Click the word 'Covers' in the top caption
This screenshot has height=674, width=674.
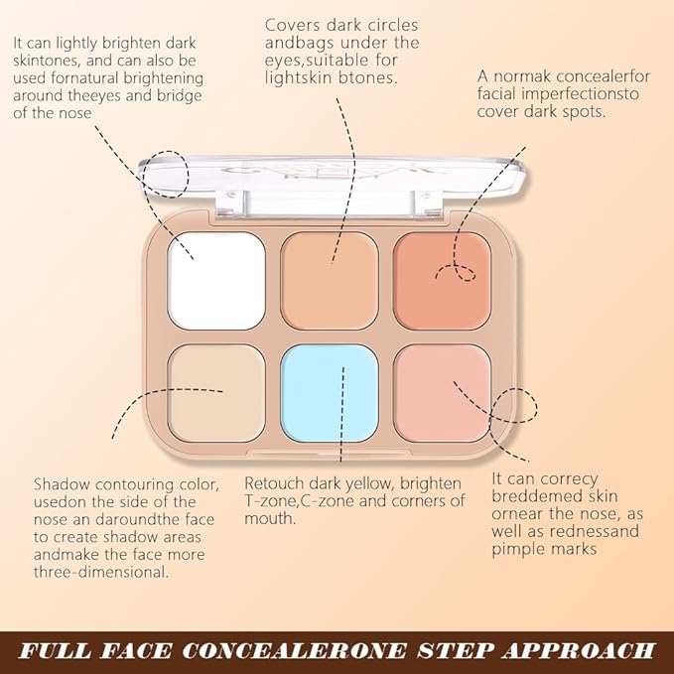(293, 25)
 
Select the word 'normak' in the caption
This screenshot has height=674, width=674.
(525, 77)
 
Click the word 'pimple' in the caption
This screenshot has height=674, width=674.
(524, 548)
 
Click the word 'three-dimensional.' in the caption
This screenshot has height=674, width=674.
(102, 573)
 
